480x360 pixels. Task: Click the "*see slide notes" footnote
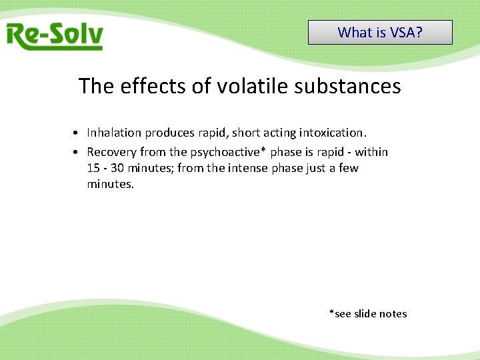click(x=367, y=313)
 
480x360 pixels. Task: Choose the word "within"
click(x=371, y=152)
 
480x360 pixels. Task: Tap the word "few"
click(x=348, y=168)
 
